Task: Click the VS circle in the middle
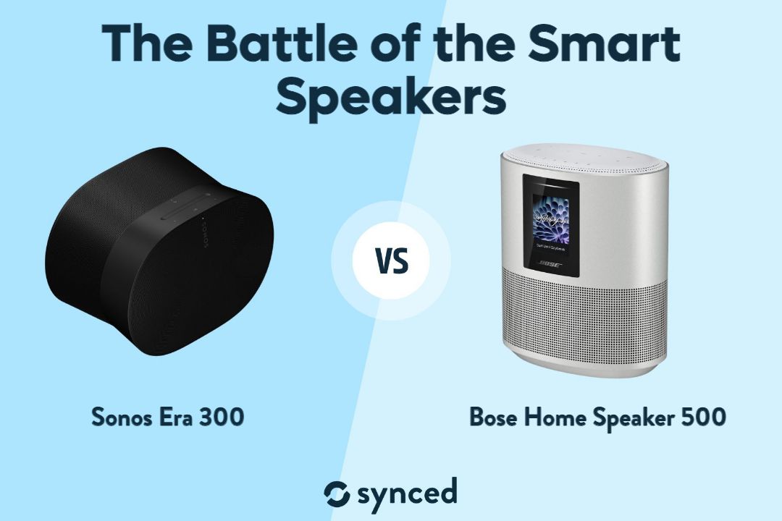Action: click(x=391, y=261)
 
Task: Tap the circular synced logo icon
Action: click(x=337, y=494)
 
